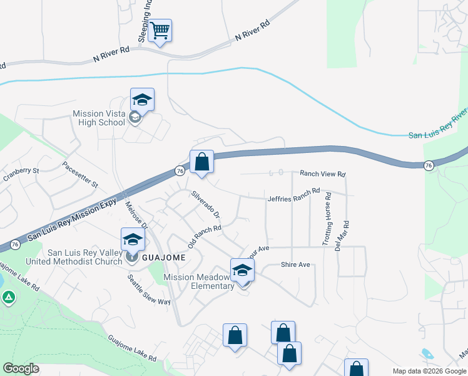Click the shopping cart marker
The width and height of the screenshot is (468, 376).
[x=161, y=30]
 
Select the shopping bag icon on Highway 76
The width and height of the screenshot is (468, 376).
[x=201, y=162]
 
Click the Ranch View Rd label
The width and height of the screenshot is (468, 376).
[x=322, y=174]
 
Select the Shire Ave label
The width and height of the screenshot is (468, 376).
[x=295, y=265]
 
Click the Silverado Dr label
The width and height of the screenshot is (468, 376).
[x=205, y=204]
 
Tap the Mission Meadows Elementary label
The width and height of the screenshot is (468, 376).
[x=198, y=281]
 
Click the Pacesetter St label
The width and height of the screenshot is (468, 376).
[x=80, y=175]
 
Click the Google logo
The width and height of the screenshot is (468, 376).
[x=21, y=368]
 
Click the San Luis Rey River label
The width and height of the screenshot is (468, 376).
[x=438, y=125]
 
